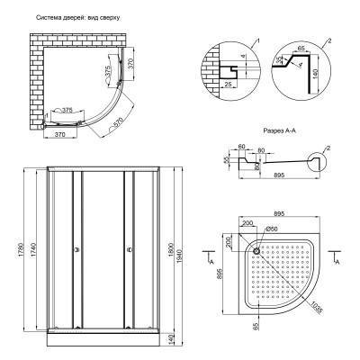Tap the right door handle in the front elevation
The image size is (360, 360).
pos(130,249)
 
